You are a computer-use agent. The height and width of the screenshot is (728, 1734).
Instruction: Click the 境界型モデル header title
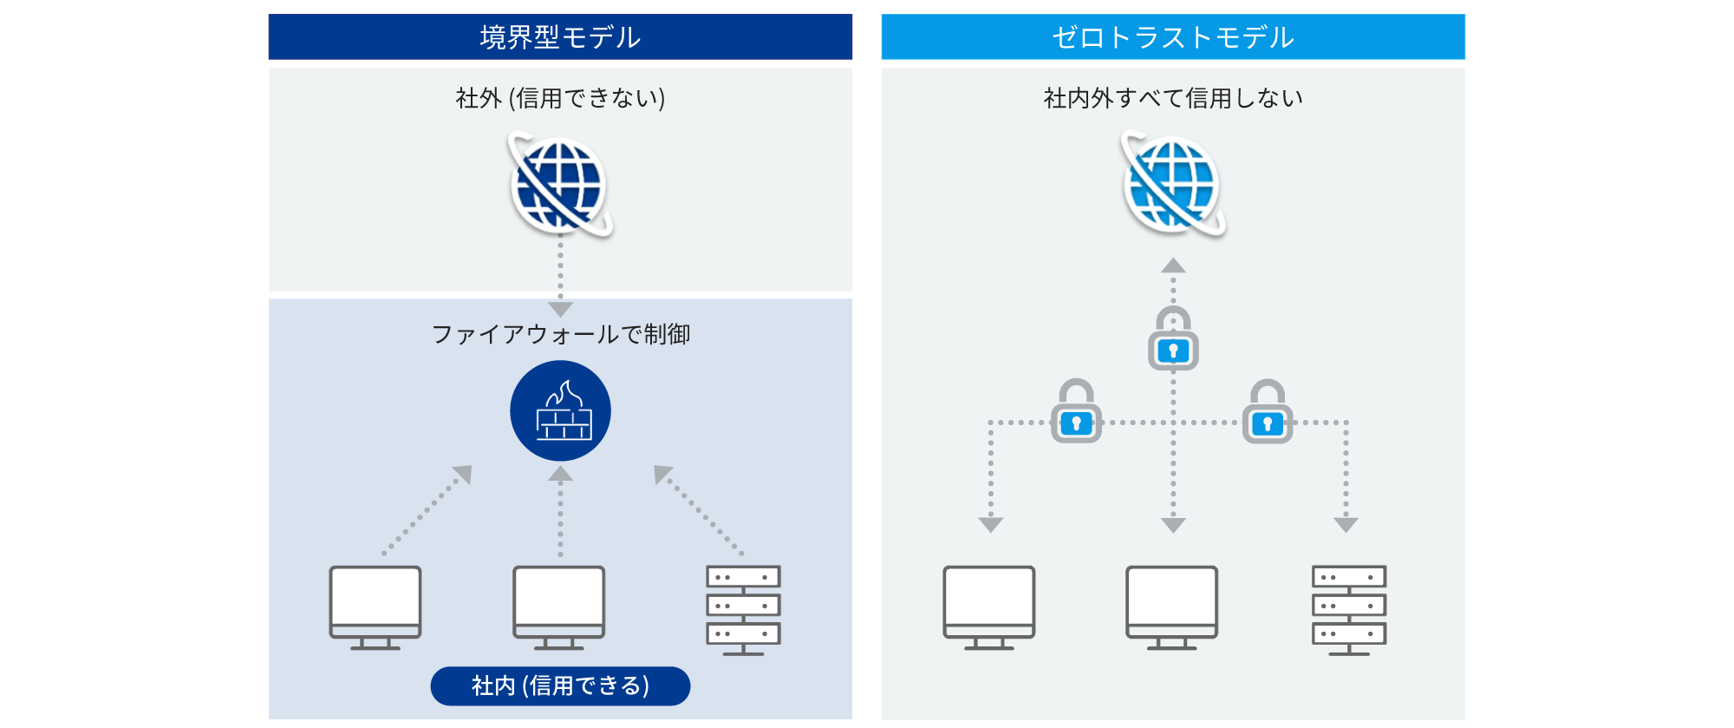click(x=560, y=37)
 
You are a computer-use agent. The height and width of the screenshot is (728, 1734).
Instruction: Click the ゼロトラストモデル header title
click(x=1173, y=37)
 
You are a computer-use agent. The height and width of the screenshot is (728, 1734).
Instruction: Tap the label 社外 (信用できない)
click(x=560, y=98)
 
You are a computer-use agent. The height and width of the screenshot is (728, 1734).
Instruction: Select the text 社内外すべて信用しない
click(x=1173, y=98)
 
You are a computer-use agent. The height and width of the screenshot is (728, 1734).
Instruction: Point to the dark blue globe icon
click(x=559, y=185)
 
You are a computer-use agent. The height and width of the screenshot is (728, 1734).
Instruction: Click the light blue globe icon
click(x=1172, y=185)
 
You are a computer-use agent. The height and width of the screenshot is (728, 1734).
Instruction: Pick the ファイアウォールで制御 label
click(x=560, y=334)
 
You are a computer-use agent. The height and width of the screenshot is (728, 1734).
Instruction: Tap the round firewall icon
click(x=560, y=410)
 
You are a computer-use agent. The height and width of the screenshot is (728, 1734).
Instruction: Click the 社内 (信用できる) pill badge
click(x=560, y=685)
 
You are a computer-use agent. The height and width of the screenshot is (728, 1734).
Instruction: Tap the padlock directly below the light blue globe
click(x=1173, y=340)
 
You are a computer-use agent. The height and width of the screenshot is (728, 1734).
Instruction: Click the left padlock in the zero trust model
click(x=1076, y=413)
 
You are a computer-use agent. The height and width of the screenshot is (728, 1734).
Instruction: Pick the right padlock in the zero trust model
click(x=1268, y=413)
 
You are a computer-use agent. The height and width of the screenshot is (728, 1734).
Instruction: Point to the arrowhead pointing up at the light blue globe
click(x=1173, y=266)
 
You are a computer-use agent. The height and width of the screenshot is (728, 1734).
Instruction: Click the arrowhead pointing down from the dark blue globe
click(x=560, y=309)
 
